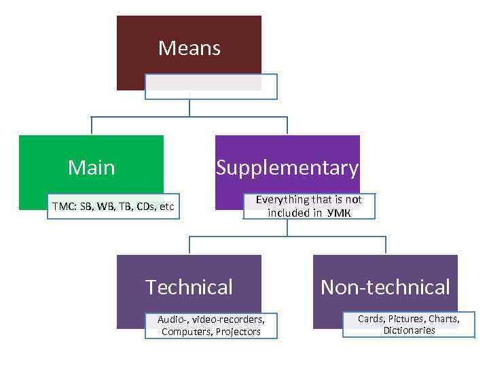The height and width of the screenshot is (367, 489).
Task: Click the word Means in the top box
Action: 189,48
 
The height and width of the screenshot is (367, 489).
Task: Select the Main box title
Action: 92,167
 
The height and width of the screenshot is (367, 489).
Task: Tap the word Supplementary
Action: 287,167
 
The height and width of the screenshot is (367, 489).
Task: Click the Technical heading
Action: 189,287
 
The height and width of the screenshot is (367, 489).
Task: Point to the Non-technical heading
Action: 385,287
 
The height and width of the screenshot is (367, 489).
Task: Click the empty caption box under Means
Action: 211,86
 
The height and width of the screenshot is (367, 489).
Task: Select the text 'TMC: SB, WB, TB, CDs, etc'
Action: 113,207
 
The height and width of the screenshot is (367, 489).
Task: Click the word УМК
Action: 339,213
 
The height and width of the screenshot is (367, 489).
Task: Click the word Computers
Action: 185,332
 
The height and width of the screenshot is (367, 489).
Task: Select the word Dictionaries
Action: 409,331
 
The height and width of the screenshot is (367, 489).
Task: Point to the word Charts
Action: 443,318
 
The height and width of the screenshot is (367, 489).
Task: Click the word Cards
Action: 371,318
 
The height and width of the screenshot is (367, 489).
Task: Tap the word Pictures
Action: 406,318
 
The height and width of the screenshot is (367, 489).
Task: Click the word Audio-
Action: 173,319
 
